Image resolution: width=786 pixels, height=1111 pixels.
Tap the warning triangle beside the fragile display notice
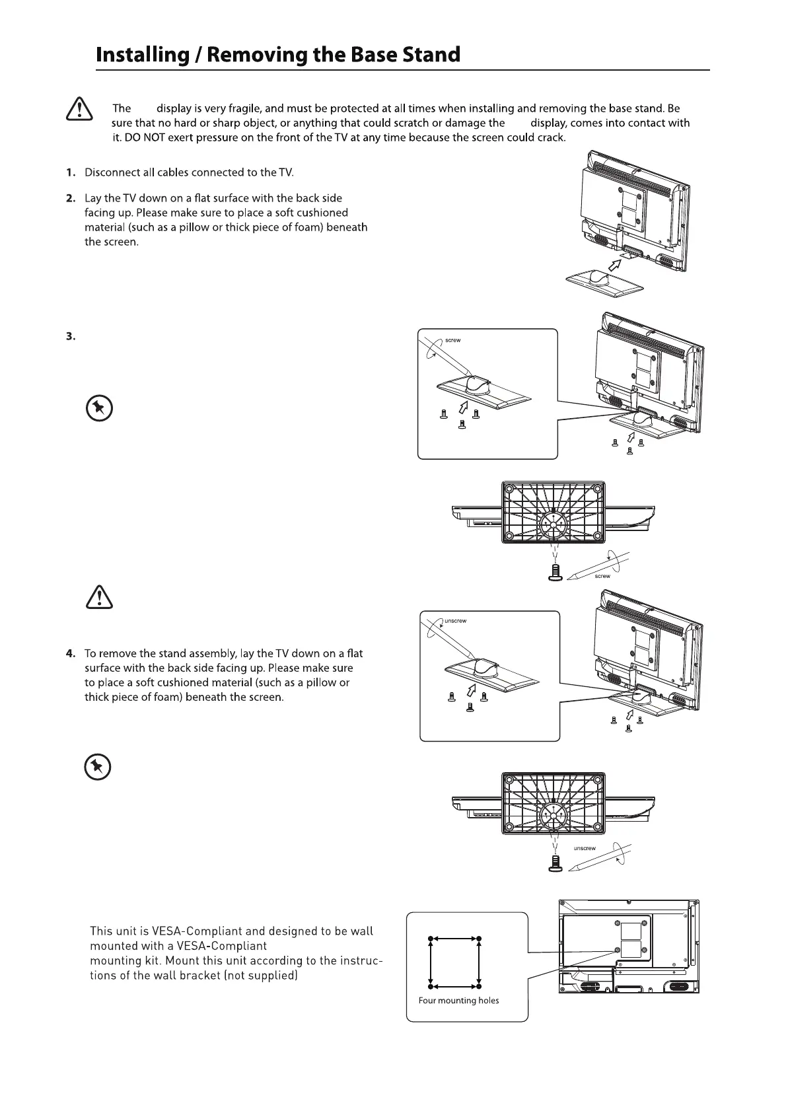point(79,108)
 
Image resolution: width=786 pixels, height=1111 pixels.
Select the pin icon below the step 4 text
point(97,767)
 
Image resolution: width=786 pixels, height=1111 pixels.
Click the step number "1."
point(71,172)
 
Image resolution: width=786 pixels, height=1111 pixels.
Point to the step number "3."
point(71,336)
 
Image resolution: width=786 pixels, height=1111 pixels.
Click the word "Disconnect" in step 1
point(112,172)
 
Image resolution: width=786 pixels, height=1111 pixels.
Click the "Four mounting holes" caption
point(458,1001)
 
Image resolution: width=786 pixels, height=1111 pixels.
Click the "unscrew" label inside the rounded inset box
point(455,621)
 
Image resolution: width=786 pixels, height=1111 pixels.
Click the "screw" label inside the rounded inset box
point(452,340)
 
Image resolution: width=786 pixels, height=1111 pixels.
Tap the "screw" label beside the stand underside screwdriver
point(602,576)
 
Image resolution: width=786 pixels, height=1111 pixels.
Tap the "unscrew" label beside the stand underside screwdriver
point(585,848)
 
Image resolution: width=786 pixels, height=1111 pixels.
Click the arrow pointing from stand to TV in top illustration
point(614,265)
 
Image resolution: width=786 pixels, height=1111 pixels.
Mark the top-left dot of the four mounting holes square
point(431,938)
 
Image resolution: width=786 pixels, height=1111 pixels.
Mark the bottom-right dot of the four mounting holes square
point(478,986)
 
